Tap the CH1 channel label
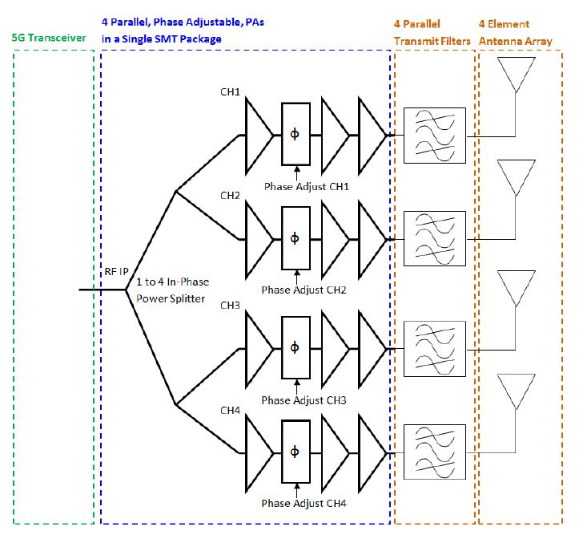coord(231,92)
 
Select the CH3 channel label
coord(231,305)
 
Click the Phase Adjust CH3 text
coord(304,400)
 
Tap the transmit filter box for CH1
coord(433,133)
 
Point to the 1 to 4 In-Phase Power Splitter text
coord(171,290)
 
